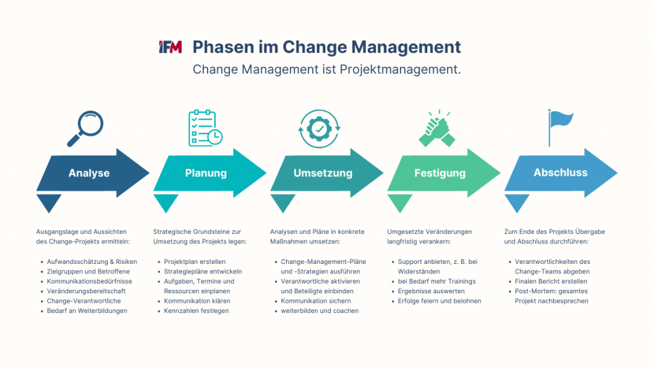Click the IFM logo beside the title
(171, 47)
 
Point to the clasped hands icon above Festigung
(437, 128)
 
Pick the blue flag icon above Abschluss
(559, 126)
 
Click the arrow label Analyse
(89, 173)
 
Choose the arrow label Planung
(206, 173)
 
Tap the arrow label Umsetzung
(323, 173)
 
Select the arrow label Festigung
(439, 173)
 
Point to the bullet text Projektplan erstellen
(194, 262)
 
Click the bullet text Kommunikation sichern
(315, 301)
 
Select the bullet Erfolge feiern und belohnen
(439, 301)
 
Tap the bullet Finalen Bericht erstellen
(551, 281)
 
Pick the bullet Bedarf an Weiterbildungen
(87, 310)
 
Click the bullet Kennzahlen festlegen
(197, 310)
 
